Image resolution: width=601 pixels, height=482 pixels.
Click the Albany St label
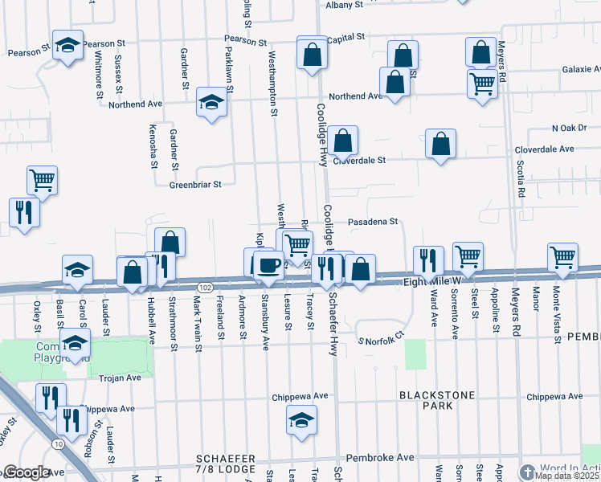click(346, 5)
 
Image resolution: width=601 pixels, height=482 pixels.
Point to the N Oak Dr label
click(570, 128)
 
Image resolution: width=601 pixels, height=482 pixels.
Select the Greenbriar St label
click(194, 185)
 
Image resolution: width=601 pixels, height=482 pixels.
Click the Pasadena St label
click(373, 222)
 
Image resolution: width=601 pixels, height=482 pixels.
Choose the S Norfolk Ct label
click(382, 341)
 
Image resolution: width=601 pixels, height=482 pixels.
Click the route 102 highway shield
click(204, 288)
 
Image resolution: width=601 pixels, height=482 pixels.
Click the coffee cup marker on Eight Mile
click(268, 265)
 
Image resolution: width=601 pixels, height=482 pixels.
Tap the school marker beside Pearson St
click(68, 46)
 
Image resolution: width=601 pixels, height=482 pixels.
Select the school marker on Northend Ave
click(211, 103)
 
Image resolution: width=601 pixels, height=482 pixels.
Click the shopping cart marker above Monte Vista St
click(563, 257)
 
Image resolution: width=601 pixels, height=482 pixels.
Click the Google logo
click(27, 473)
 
